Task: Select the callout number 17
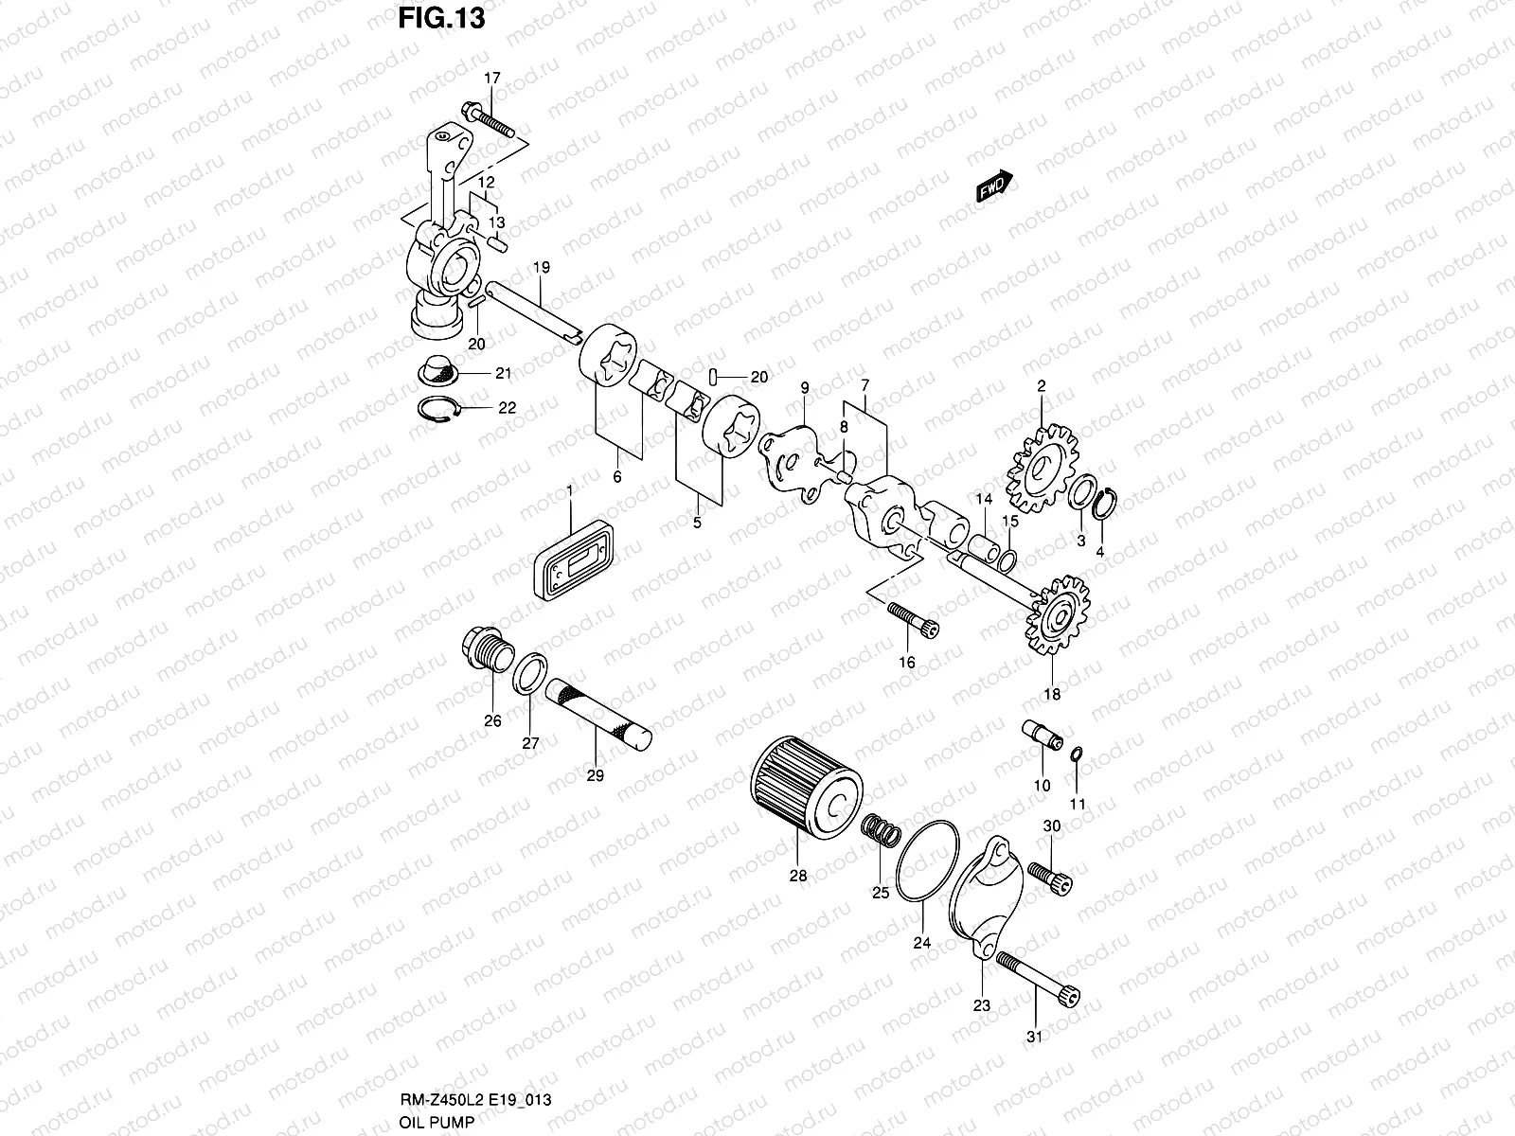(490, 79)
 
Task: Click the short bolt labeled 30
(1050, 875)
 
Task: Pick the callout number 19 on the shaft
(541, 268)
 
